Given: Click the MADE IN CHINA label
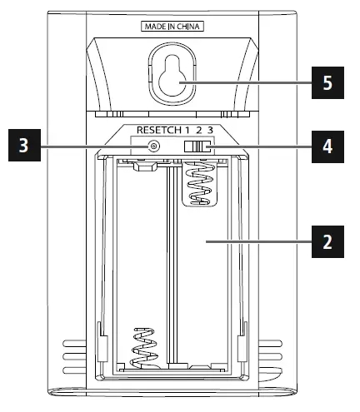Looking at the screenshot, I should click(172, 27).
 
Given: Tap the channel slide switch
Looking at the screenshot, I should click(198, 146).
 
